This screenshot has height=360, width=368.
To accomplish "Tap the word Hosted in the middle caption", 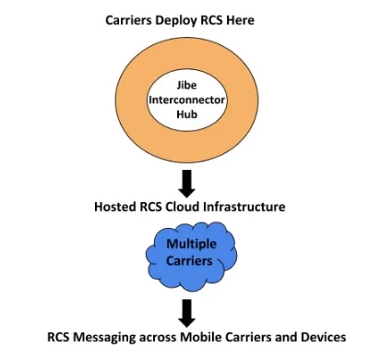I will pyautogui.click(x=117, y=206).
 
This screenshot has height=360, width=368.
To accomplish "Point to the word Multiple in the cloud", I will pyautogui.click(x=190, y=245).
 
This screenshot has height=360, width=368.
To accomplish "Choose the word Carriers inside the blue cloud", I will pyautogui.click(x=190, y=261).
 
